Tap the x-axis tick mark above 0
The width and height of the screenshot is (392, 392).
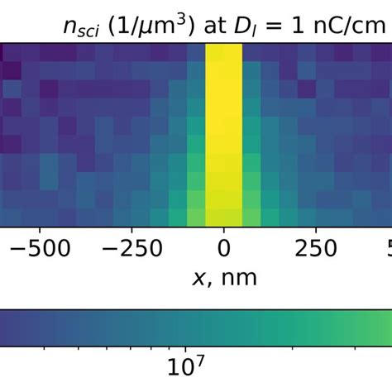click(223, 229)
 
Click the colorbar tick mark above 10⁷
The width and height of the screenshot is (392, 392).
click(187, 347)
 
